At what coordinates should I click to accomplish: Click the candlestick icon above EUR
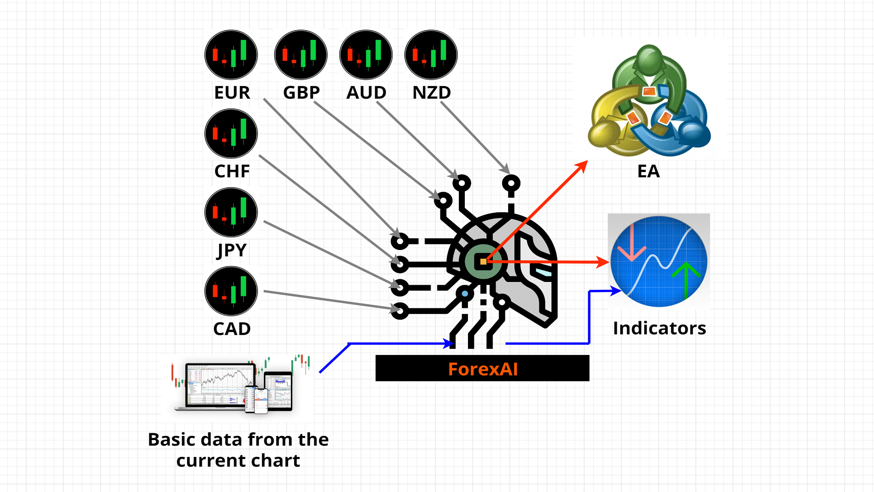pos(231,55)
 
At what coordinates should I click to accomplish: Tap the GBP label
pos(301,92)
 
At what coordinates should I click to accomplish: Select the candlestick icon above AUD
pos(366,55)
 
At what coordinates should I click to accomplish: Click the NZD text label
pos(432,92)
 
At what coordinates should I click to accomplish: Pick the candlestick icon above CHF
pos(231,134)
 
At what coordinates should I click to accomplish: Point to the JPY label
pos(232,250)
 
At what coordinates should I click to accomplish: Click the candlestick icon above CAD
pos(231,292)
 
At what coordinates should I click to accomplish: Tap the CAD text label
pos(232,329)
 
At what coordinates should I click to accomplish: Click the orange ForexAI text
pos(483,369)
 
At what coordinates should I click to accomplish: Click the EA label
pos(648,171)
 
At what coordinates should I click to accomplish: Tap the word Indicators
pos(659,328)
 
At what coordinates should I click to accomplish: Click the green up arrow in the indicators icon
pos(686,278)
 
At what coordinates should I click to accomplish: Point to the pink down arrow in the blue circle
pos(632,246)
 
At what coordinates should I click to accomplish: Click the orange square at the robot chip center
pos(483,262)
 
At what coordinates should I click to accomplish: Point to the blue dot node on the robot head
pos(464,294)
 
